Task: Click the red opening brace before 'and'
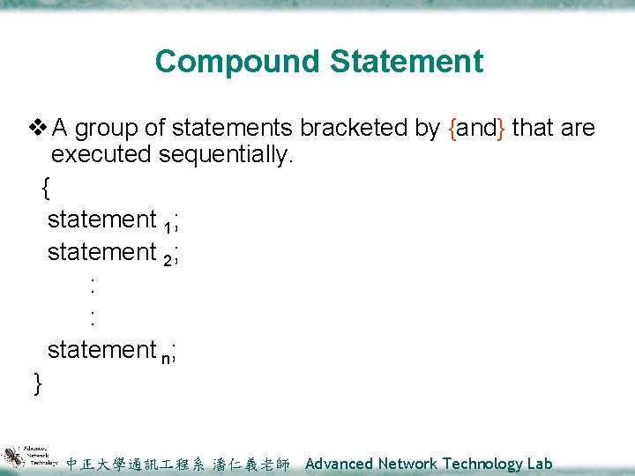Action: tap(452, 129)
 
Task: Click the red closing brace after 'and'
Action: tap(501, 129)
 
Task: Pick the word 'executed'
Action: tap(101, 155)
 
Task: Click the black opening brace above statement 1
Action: tap(46, 188)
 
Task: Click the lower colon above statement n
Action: tap(93, 317)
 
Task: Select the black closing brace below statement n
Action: tap(37, 383)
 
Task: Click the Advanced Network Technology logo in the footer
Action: tap(30, 456)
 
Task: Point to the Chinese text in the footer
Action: tap(177, 464)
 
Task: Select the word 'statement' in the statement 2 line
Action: tap(101, 252)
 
